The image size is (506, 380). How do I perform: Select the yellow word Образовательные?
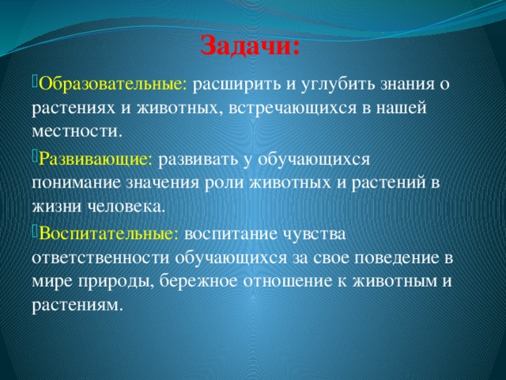[113, 85]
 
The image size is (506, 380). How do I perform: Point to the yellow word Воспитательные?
[109, 234]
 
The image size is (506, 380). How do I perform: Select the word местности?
[77, 132]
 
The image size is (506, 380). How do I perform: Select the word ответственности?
[100, 258]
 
